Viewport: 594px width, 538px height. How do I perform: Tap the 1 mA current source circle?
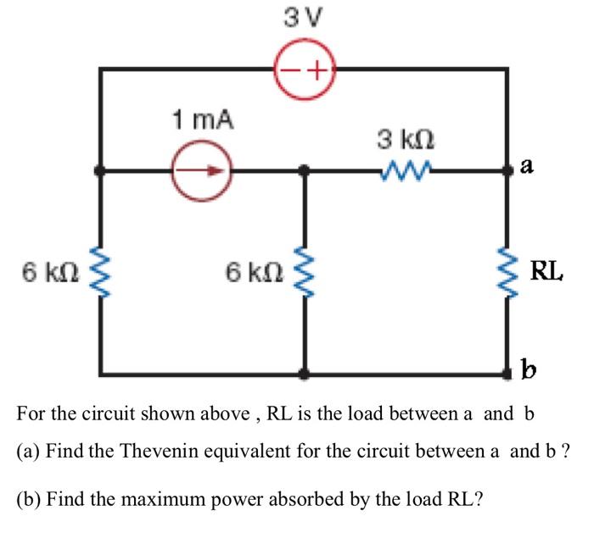click(200, 171)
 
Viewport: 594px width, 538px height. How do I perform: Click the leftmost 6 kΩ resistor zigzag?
click(100, 273)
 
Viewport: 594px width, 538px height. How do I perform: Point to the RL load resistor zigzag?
click(507, 273)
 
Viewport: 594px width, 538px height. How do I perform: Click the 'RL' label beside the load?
click(546, 272)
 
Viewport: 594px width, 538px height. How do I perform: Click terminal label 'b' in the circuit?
click(526, 370)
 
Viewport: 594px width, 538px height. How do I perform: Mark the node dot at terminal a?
click(507, 171)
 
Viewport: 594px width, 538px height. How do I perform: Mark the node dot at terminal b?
click(507, 374)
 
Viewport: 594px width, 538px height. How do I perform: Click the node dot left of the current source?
click(100, 171)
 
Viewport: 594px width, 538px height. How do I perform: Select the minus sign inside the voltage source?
click(291, 70)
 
